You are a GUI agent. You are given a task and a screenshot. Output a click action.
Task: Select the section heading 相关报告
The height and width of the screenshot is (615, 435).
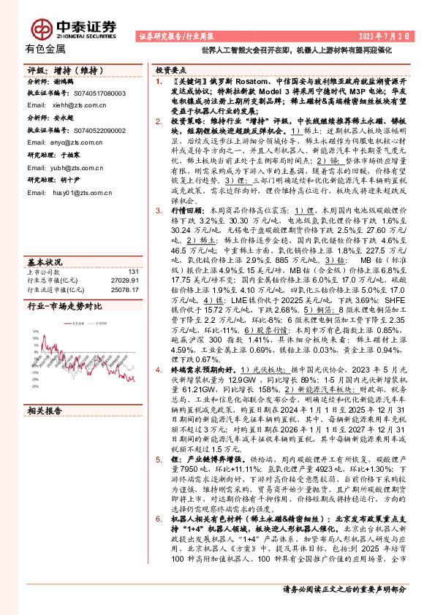coord(45,411)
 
